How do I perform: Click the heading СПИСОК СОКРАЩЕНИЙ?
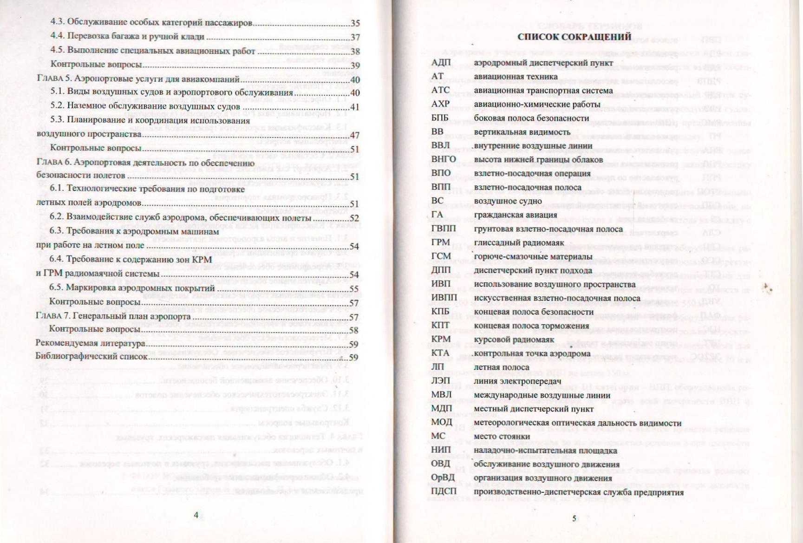(x=574, y=37)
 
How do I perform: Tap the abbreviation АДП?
(x=441, y=63)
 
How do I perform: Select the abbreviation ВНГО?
(x=444, y=159)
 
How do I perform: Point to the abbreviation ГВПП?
(x=444, y=229)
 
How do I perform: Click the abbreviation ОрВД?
(x=442, y=478)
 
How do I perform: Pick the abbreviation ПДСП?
(x=444, y=491)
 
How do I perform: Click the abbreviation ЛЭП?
(x=440, y=381)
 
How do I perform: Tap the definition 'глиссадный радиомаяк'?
(x=519, y=242)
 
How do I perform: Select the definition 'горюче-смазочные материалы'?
(x=533, y=256)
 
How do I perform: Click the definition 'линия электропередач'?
(x=517, y=381)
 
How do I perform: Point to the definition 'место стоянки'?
(x=502, y=437)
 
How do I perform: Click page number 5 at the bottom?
(x=574, y=518)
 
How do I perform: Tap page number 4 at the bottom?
(x=196, y=515)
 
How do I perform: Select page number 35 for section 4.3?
(x=355, y=23)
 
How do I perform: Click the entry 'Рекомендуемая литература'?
(x=91, y=344)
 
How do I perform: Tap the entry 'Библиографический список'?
(x=92, y=357)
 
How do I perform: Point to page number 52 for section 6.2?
(x=354, y=218)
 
